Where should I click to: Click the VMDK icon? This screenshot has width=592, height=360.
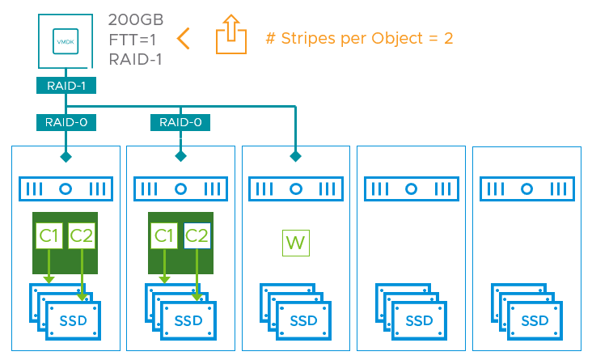[62, 39]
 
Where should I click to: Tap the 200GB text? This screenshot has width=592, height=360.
[136, 18]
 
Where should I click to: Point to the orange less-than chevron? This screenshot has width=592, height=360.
[184, 38]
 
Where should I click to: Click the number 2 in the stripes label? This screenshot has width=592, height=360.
[448, 38]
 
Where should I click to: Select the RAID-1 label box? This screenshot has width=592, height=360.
[61, 84]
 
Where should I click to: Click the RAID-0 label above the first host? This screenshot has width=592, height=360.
[61, 123]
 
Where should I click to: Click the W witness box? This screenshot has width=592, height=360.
[296, 242]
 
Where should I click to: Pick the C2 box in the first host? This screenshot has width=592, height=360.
[82, 235]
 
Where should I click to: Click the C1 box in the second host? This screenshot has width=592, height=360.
[164, 235]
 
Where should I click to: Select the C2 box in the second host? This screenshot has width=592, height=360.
[197, 235]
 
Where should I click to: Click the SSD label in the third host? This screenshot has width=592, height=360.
[304, 321]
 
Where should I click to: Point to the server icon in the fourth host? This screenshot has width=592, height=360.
[411, 189]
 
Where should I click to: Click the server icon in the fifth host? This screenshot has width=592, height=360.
[526, 189]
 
